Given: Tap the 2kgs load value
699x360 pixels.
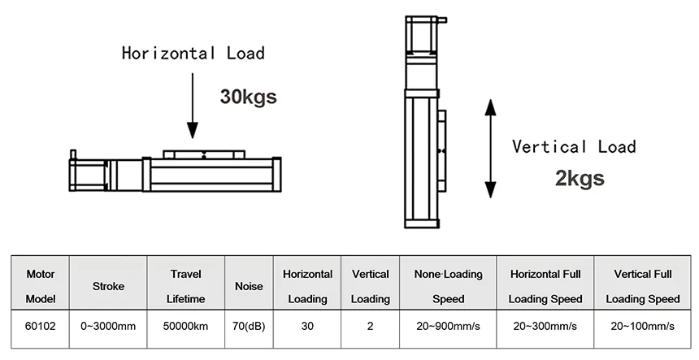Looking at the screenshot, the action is (580, 178).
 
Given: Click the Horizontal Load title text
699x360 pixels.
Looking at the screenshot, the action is (193, 53).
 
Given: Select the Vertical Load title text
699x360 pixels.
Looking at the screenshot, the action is (574, 146).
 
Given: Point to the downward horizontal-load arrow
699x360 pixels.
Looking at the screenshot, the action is (193, 106).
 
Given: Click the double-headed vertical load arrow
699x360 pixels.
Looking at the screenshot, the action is (490, 149).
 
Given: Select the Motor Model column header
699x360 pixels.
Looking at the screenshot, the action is (40, 286).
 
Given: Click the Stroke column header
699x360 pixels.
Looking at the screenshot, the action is (108, 287).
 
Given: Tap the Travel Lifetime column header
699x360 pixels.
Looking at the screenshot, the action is (186, 286).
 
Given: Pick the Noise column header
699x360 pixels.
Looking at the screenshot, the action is (250, 287).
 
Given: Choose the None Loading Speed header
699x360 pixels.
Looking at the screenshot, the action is (449, 286).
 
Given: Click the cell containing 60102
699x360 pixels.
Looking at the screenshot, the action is (41, 326).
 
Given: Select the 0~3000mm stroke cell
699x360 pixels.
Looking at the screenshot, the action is (108, 326).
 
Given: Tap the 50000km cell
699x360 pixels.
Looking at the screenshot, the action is (186, 326).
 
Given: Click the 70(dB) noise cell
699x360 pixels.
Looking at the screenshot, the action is (249, 326).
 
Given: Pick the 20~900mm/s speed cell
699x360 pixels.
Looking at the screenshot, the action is (449, 326).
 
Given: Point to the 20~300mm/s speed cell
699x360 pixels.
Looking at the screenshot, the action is (545, 326).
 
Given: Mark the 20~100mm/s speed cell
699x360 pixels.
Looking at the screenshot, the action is (642, 326).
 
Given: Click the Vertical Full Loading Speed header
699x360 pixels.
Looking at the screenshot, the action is (642, 286).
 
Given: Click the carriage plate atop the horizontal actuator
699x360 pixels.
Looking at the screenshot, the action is (204, 154).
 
